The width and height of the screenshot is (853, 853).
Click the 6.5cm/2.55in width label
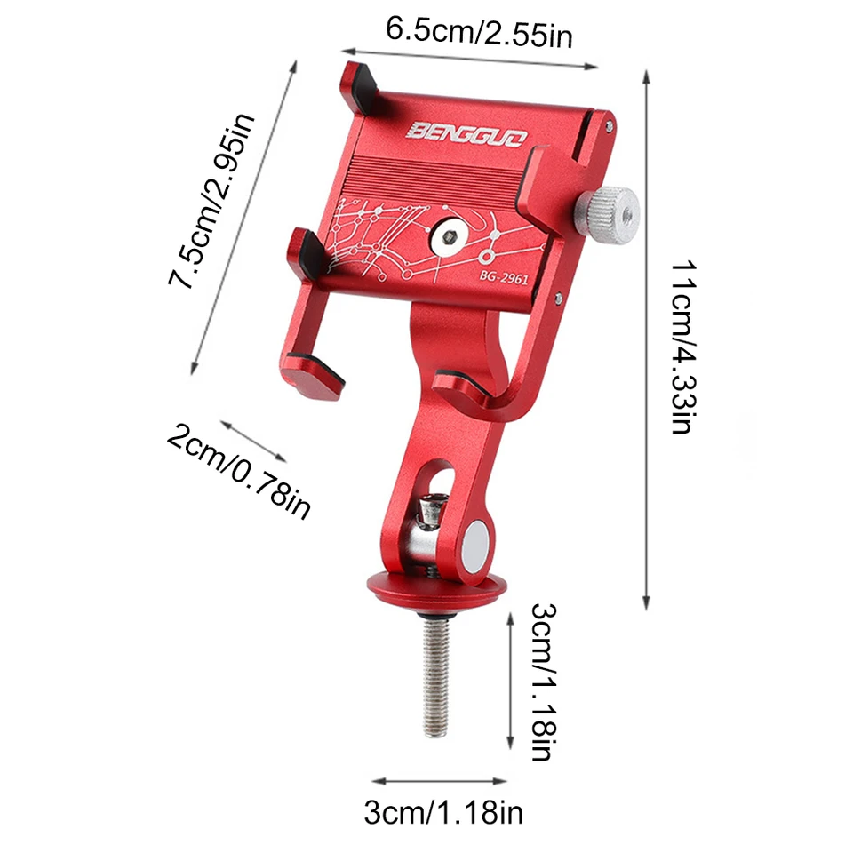pos(479,33)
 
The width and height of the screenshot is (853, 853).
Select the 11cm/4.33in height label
pos(682,347)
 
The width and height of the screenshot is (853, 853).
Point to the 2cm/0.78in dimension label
pos(238,472)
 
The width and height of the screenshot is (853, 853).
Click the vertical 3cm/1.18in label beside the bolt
pos(543,682)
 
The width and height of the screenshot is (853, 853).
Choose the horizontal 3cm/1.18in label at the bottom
pos(443,813)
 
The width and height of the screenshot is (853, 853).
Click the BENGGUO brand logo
pos(466,134)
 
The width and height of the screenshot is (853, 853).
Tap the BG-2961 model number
pos(504,277)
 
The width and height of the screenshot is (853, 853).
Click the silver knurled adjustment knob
pos(608,215)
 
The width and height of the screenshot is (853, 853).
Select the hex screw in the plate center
pos(449,237)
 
